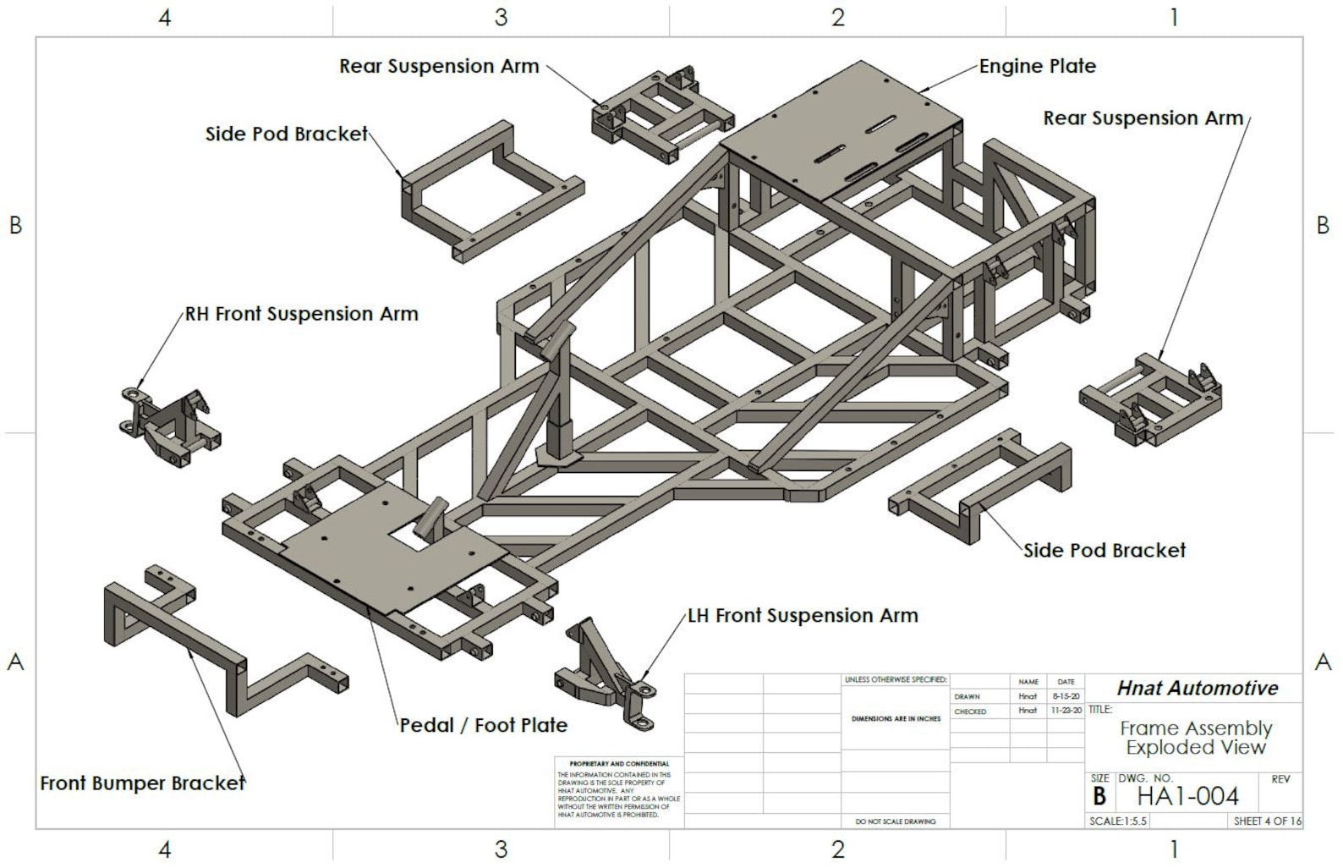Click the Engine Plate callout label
tap(1037, 66)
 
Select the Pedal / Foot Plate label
tap(483, 725)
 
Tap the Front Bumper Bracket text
tap(142, 783)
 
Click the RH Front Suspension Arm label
tap(302, 314)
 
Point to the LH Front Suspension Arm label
tap(803, 616)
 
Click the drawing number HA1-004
tap(1187, 796)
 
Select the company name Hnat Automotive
tap(1197, 689)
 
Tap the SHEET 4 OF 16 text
tap(1267, 821)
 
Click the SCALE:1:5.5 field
tap(1117, 821)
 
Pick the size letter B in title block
tap(1099, 797)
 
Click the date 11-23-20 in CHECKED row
tap(1066, 711)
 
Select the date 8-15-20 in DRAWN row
tap(1066, 696)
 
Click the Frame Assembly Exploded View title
tap(1196, 738)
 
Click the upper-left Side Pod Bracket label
tap(287, 134)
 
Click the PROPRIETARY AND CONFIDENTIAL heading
tap(619, 764)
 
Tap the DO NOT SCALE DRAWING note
tap(895, 821)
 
